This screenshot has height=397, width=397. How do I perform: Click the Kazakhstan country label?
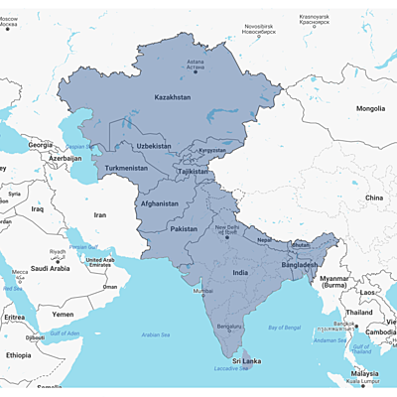pyautogui.click(x=173, y=97)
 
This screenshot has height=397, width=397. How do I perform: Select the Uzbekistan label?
pyautogui.click(x=154, y=146)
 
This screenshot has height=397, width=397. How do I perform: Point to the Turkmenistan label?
pyautogui.click(x=126, y=168)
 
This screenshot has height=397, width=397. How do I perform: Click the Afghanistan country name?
pyautogui.click(x=159, y=203)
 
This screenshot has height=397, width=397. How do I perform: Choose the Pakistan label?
pyautogui.click(x=184, y=228)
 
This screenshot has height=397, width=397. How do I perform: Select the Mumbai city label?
pyautogui.click(x=202, y=291)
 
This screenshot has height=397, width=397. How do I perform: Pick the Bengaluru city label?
pyautogui.click(x=230, y=326)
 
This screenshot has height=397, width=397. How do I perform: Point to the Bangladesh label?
pyautogui.click(x=299, y=265)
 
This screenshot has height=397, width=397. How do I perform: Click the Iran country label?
pyautogui.click(x=99, y=214)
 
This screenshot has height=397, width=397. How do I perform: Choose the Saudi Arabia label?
pyautogui.click(x=47, y=268)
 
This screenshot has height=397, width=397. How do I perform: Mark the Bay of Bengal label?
pyautogui.click(x=284, y=326)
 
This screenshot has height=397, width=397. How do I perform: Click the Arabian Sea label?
pyautogui.click(x=159, y=335)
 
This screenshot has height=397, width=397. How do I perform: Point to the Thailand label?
pyautogui.click(x=359, y=312)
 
